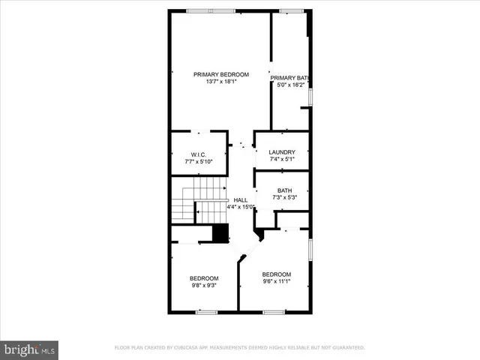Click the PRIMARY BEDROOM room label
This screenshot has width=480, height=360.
click(220, 74)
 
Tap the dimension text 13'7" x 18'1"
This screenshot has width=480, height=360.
click(220, 82)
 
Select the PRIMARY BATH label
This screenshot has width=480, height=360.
click(289, 78)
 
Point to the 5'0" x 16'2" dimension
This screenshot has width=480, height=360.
click(289, 85)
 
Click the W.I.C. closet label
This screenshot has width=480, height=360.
click(198, 154)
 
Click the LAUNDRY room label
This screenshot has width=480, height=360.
click(282, 152)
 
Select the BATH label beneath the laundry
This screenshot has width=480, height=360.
click(284, 190)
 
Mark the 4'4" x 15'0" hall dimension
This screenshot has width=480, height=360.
click(241, 208)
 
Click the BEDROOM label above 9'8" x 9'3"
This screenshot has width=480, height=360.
click(203, 278)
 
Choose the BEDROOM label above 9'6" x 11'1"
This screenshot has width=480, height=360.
click(276, 274)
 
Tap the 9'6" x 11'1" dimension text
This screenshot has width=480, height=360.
click(276, 282)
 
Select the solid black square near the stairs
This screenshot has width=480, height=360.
click(220, 233)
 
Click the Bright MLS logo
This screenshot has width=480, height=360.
click(30, 349)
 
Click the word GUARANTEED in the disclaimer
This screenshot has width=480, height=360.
click(348, 348)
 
